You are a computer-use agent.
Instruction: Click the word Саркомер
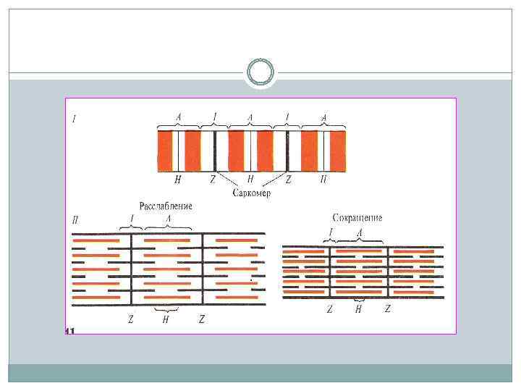coord(252,193)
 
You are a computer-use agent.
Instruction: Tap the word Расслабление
coord(166,206)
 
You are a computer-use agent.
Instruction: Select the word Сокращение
coord(357,217)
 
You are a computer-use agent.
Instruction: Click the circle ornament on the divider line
coord(260,72)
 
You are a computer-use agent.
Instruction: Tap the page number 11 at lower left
coord(70,331)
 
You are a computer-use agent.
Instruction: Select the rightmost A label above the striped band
coord(323,117)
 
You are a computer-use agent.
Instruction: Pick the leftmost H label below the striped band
coord(178,180)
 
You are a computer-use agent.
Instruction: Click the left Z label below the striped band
coord(213,180)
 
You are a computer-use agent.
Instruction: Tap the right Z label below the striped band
coord(288,180)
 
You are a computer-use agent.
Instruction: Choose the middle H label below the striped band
coord(250,179)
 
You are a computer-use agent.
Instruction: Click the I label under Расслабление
coord(132,218)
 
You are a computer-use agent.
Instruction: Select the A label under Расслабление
coord(168,218)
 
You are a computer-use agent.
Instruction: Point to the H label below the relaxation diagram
coord(166,319)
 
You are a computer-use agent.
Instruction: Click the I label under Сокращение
coord(331,232)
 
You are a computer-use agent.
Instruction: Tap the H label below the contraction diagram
coord(358,309)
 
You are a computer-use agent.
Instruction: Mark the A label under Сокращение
coord(360,232)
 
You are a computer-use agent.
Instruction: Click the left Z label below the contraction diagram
coord(329,309)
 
